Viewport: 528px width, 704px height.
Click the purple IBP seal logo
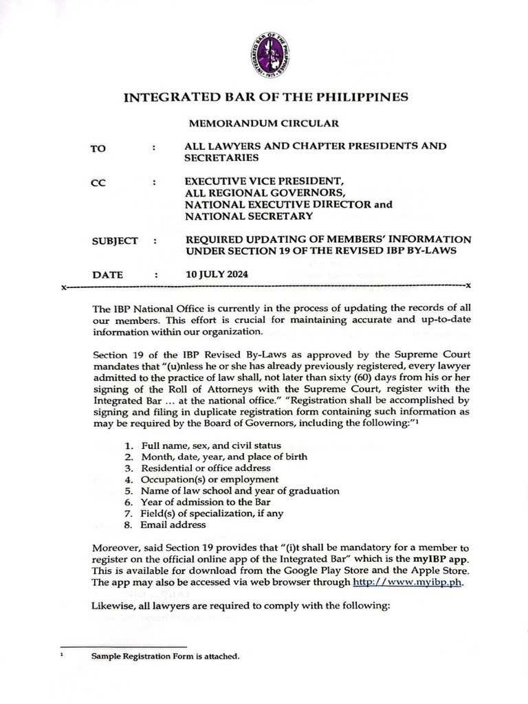pos(268,54)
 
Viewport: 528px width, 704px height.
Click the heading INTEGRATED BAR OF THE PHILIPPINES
pos(265,97)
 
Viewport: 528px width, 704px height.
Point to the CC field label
pos(98,184)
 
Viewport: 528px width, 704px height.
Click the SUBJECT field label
pos(115,241)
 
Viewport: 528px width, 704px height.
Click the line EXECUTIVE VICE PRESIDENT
pos(259,182)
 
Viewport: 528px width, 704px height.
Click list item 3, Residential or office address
pos(206,468)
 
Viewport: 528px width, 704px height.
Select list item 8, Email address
pos(173,525)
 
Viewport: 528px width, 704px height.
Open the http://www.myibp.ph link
pos(408,582)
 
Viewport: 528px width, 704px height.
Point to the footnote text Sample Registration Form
pos(165,657)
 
